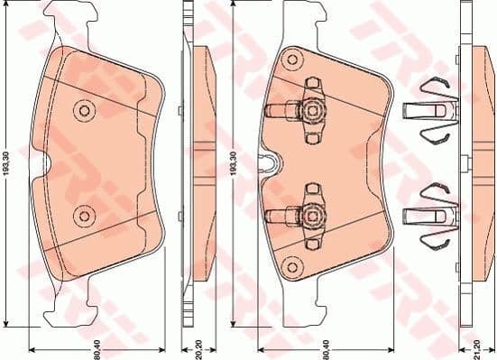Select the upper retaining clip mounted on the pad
pos(302,109)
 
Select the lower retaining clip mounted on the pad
pos(302,215)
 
